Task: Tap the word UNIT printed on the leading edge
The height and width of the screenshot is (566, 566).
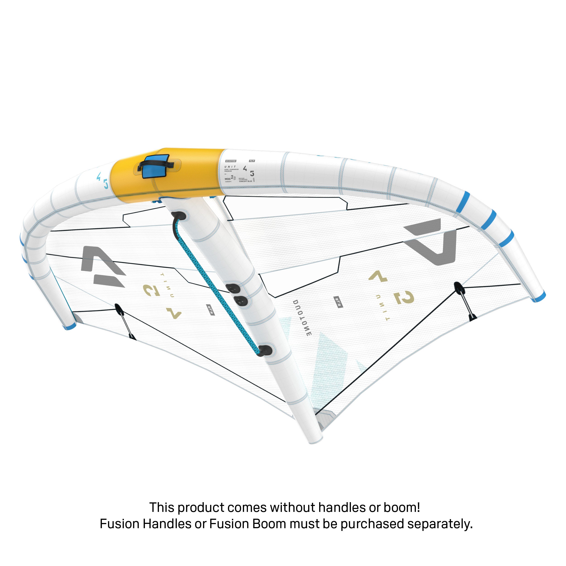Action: (230, 166)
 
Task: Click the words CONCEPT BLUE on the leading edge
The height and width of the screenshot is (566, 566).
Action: (245, 181)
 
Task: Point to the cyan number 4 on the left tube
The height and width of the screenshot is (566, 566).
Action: (99, 176)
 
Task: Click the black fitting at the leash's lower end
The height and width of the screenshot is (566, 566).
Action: (265, 350)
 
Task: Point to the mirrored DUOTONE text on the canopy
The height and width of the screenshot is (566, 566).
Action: (302, 318)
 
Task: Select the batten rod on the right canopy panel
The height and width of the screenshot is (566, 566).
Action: (465, 302)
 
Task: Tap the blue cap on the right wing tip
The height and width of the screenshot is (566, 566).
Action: (539, 297)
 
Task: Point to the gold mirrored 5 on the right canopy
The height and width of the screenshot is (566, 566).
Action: (405, 298)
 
